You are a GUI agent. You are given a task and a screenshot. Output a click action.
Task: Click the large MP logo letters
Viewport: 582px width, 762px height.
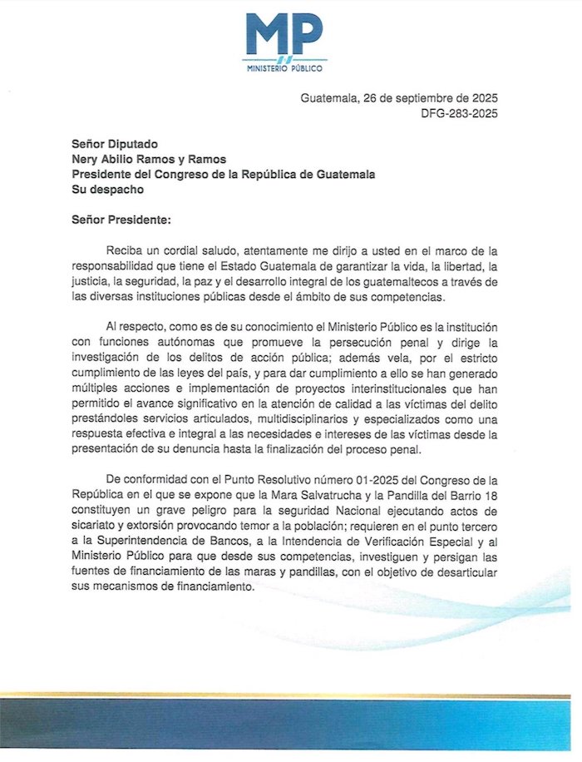click(285, 36)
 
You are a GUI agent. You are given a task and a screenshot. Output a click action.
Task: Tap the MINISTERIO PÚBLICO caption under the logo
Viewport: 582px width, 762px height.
click(285, 67)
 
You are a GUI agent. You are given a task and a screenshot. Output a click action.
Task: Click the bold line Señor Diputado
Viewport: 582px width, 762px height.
click(112, 144)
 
